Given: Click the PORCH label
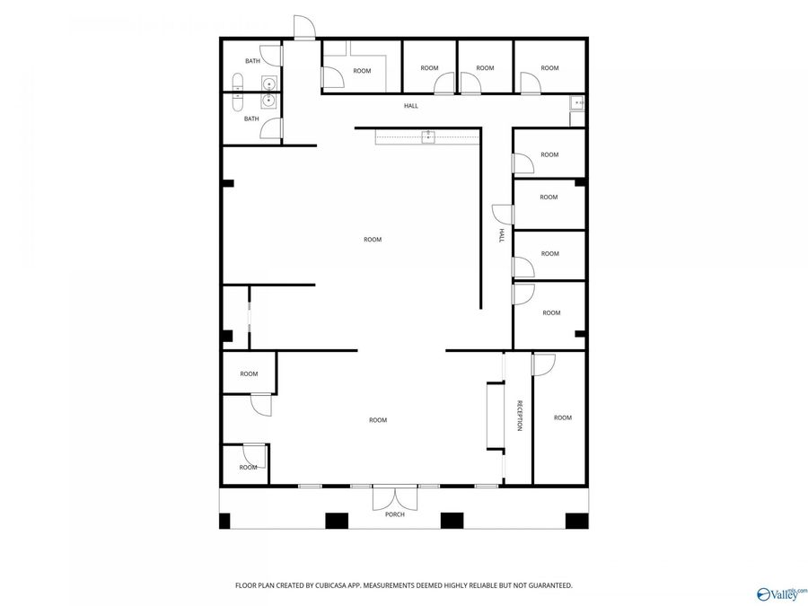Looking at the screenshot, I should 394,514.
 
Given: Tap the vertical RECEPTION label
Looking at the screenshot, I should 519,416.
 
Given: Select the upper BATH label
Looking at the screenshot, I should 252,61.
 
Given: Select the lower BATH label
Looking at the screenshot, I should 252,119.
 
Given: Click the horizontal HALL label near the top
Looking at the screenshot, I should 410,106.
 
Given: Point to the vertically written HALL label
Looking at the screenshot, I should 501,235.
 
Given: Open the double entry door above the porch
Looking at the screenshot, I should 394,496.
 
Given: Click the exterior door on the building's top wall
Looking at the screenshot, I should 304,29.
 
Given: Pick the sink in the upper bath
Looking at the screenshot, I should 268,84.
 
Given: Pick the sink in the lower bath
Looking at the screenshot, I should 268,101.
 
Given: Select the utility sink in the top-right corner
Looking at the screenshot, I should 577,103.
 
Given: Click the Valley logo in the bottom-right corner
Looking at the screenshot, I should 782,593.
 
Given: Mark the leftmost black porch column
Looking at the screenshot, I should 224,520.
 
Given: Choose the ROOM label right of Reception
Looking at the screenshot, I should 562,417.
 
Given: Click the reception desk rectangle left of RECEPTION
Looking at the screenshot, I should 495,416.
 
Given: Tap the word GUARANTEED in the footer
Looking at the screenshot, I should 544,585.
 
